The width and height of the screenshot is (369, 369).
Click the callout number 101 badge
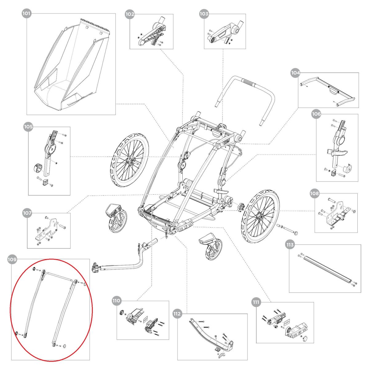(x=27, y=14)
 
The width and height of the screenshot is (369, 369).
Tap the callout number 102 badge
(x=130, y=14)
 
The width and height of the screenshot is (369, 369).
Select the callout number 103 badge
(x=204, y=14)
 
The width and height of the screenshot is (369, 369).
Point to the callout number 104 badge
(x=295, y=73)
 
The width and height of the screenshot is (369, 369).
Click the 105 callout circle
(x=28, y=127)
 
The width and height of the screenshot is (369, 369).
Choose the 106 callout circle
(x=316, y=114)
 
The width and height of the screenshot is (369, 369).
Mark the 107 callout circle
(x=27, y=212)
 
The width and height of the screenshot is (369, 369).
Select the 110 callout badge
(x=117, y=300)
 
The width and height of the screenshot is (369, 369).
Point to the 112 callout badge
(x=177, y=314)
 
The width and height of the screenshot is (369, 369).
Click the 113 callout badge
(x=290, y=245)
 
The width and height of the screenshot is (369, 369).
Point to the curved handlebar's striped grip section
(x=249, y=82)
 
